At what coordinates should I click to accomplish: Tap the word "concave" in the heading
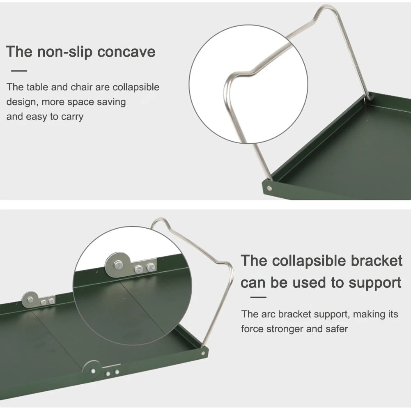pos(126,52)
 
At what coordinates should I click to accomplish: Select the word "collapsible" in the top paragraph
pos(136,87)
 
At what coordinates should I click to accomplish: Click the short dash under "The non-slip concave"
pos(19,71)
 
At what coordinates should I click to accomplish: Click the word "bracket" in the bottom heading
pos(377,261)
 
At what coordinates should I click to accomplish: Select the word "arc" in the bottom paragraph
pos(268,314)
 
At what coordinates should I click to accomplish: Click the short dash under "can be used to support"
pos(258,297)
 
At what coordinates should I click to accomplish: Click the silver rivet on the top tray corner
pos(269,188)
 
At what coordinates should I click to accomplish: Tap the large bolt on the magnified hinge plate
pos(118,265)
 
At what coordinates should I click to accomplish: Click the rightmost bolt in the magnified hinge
pos(151,267)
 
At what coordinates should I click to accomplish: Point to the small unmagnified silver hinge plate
pos(38,299)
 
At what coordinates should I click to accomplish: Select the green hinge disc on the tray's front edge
pos(92,370)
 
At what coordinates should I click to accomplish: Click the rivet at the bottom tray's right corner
pos(203,354)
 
